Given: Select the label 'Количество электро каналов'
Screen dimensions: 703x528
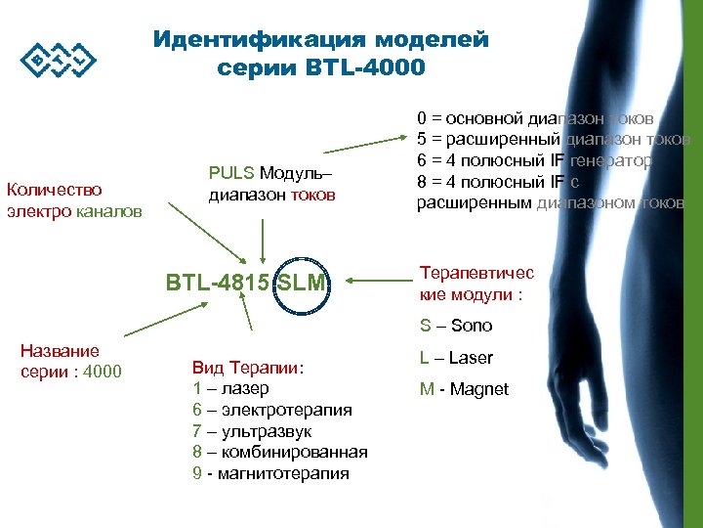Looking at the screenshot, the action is [x=74, y=199].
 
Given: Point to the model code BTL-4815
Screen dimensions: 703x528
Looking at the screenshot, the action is [x=219, y=284].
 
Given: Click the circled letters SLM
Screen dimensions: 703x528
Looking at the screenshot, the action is [x=303, y=284].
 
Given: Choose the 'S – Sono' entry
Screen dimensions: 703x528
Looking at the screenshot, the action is [x=456, y=326].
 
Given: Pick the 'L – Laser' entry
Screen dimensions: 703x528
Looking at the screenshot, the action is [x=456, y=358].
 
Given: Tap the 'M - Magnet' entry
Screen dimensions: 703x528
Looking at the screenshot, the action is [x=464, y=389].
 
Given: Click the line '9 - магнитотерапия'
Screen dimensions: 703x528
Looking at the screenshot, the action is [x=270, y=473].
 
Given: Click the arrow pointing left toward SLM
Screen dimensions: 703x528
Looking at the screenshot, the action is [x=375, y=283].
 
